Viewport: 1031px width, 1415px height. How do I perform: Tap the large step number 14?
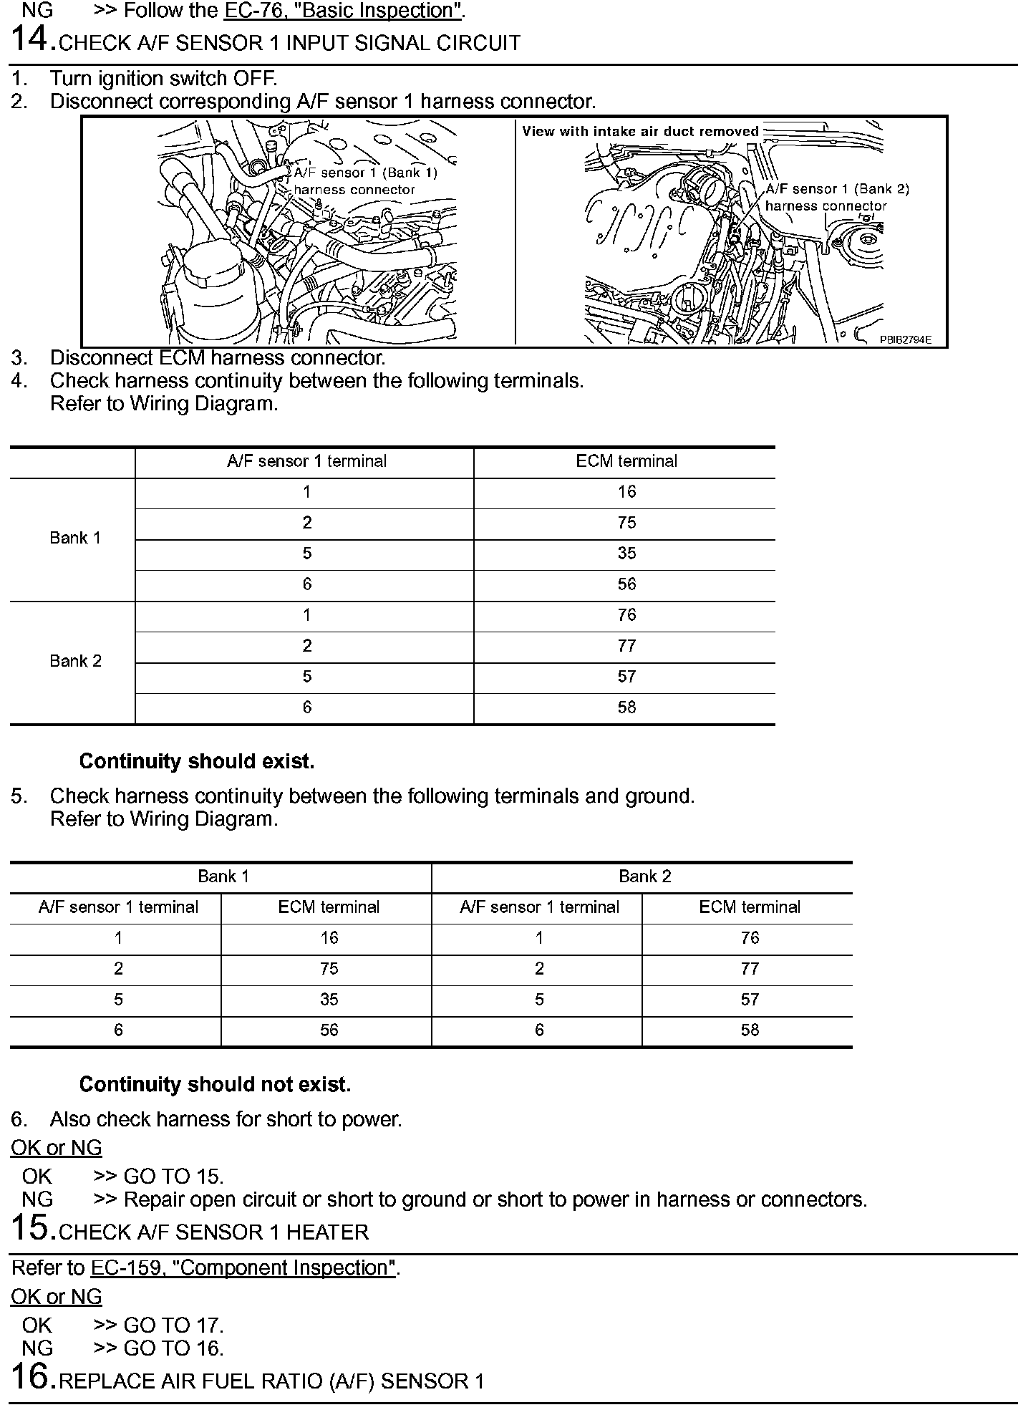coord(32,39)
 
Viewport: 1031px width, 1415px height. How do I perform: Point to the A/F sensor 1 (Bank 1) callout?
coord(365,173)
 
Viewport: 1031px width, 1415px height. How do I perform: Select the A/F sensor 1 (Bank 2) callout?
coord(837,189)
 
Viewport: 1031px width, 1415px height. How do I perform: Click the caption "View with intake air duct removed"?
coord(640,131)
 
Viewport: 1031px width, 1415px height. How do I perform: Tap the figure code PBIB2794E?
coord(905,340)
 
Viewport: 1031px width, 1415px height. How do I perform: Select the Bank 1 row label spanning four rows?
coord(75,538)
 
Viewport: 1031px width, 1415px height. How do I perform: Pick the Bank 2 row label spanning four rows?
coord(75,661)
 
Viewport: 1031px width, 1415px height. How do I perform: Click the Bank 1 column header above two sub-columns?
coord(223,876)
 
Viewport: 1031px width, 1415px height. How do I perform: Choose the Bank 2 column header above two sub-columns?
coord(644,876)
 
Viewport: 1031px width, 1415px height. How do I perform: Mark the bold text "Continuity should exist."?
coord(197,761)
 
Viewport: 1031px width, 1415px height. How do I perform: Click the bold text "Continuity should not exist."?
coord(215,1085)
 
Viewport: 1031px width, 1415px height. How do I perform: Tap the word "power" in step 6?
coord(372,1119)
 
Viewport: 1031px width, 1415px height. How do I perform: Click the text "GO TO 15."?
coord(174,1177)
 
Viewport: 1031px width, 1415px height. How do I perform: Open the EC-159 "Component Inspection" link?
coord(243,1268)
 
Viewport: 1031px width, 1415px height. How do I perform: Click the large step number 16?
coord(32,1377)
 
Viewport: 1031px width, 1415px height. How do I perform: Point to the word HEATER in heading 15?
coord(327,1232)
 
